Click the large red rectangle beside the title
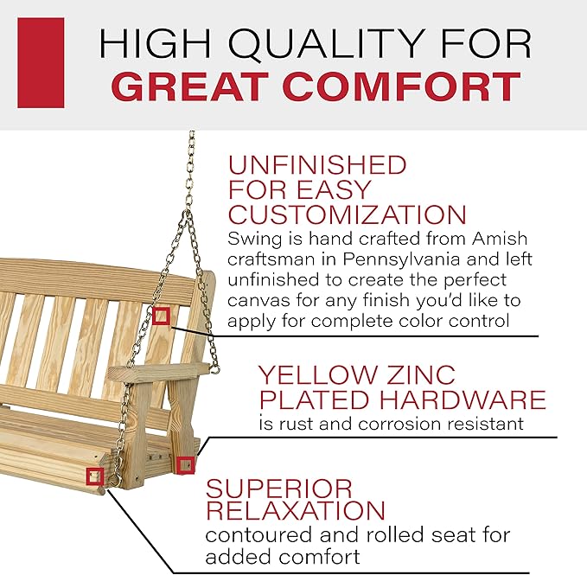(x=41, y=63)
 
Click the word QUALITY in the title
(x=325, y=43)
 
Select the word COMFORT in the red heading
(x=402, y=86)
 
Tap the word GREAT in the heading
(x=190, y=86)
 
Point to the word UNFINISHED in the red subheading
(x=317, y=164)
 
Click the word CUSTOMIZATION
(x=347, y=214)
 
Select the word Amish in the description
(x=500, y=239)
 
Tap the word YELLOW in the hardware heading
(x=318, y=374)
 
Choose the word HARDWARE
(x=463, y=399)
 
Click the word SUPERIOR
(x=279, y=489)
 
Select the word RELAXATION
(x=296, y=510)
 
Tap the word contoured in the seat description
(x=258, y=535)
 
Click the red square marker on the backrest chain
(x=161, y=316)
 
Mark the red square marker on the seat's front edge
(x=95, y=476)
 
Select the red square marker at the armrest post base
(x=185, y=465)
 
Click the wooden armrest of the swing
(x=158, y=373)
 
